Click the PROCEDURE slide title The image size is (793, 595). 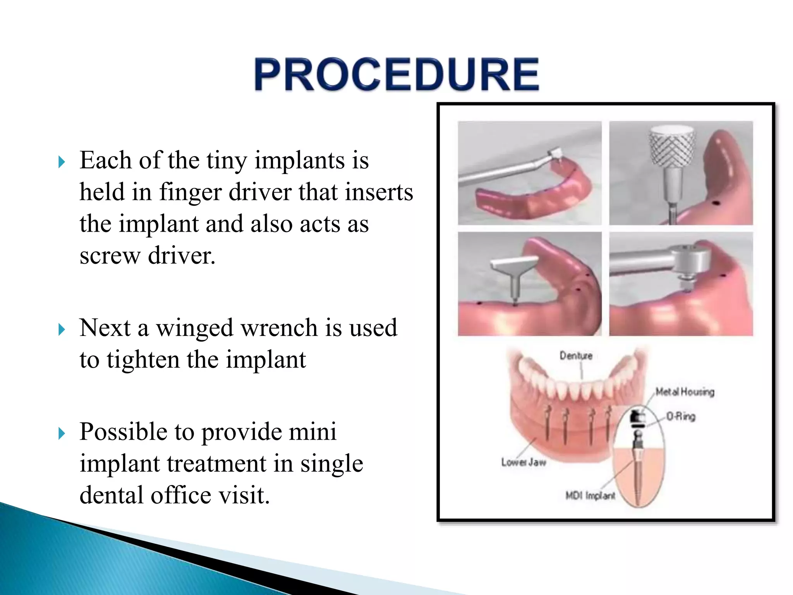[396, 74]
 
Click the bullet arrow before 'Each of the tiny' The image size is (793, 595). [62, 162]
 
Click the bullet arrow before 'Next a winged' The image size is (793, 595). [62, 330]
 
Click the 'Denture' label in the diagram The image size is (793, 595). [576, 356]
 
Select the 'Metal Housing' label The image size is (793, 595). [685, 392]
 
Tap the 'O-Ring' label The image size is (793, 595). [681, 416]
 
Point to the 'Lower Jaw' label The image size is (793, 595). [524, 462]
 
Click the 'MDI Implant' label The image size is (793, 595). [590, 495]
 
